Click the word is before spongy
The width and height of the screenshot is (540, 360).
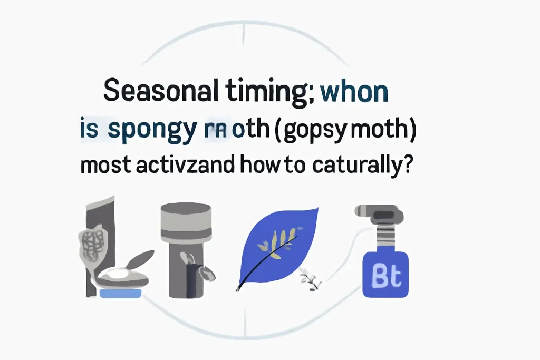tap(89, 128)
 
